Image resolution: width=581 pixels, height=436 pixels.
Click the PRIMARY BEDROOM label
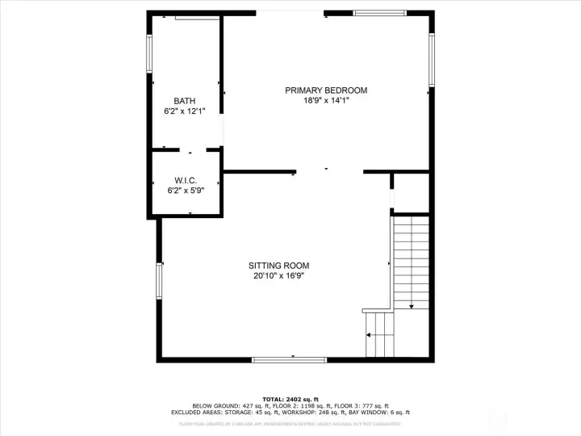pos(326,90)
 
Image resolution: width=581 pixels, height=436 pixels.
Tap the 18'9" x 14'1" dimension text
pos(326,101)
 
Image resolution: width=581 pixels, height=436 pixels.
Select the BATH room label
pos(184,101)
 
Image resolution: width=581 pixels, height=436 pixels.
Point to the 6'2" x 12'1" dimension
pos(184,111)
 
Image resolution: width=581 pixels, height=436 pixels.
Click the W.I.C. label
pos(185,180)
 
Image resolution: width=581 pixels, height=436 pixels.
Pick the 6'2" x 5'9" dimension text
pos(185,191)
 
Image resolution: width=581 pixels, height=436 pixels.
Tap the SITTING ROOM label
pos(278,266)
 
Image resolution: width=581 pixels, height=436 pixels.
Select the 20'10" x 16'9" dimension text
pos(278,276)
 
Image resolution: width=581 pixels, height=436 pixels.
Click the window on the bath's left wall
pos(149,53)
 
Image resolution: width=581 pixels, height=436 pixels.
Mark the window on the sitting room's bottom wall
pos(289,359)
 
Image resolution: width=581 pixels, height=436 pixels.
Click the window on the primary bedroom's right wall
pos(432,60)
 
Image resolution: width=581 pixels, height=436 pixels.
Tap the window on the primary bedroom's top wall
pos(380,13)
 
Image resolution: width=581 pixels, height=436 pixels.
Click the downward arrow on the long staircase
pos(412,305)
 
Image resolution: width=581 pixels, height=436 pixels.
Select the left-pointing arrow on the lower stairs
pos(372,334)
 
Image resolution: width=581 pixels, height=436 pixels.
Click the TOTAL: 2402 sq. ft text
pos(290,399)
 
